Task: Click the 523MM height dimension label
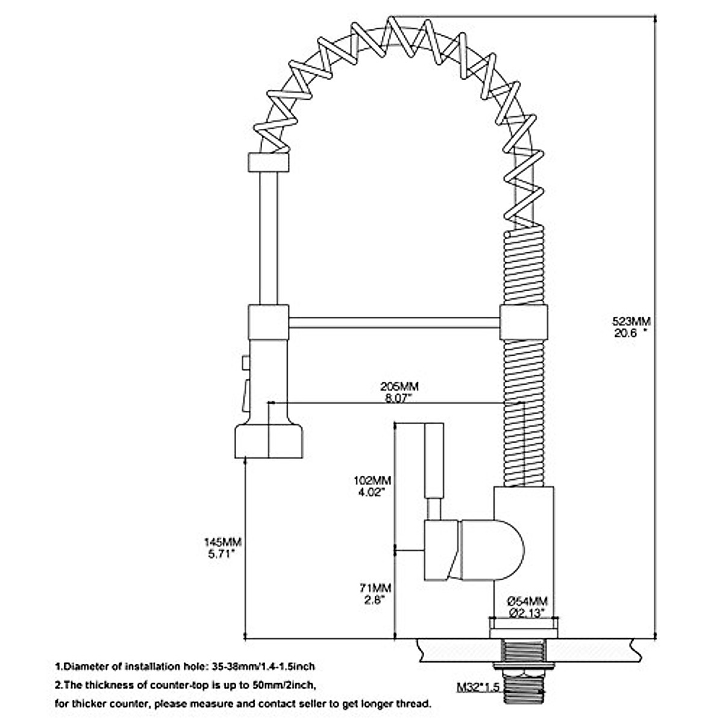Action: [631, 322]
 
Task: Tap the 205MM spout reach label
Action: [399, 386]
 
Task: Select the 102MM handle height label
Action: [372, 480]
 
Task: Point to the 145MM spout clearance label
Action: [222, 542]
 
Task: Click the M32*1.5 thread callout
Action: [478, 687]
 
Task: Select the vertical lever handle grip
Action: [434, 460]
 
